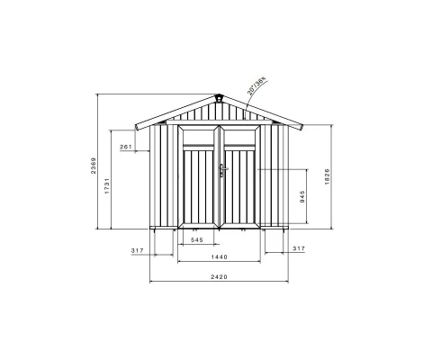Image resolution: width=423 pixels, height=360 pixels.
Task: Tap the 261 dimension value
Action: tap(125, 147)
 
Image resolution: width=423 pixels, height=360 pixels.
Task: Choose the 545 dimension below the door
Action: tap(196, 239)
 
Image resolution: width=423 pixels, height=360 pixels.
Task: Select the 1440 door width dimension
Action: tap(218, 256)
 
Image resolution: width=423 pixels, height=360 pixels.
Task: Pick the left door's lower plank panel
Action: tap(200, 189)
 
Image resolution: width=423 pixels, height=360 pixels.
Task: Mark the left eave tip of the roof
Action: tap(135, 125)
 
